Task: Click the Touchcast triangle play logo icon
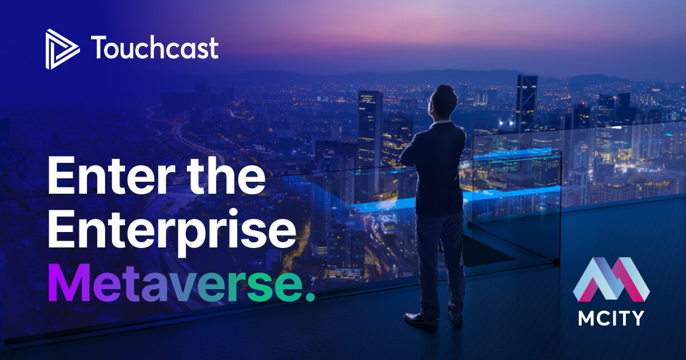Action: click(62, 49)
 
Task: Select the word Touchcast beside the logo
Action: click(154, 49)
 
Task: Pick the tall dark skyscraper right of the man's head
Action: click(526, 103)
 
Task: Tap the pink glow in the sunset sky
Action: click(343, 29)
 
